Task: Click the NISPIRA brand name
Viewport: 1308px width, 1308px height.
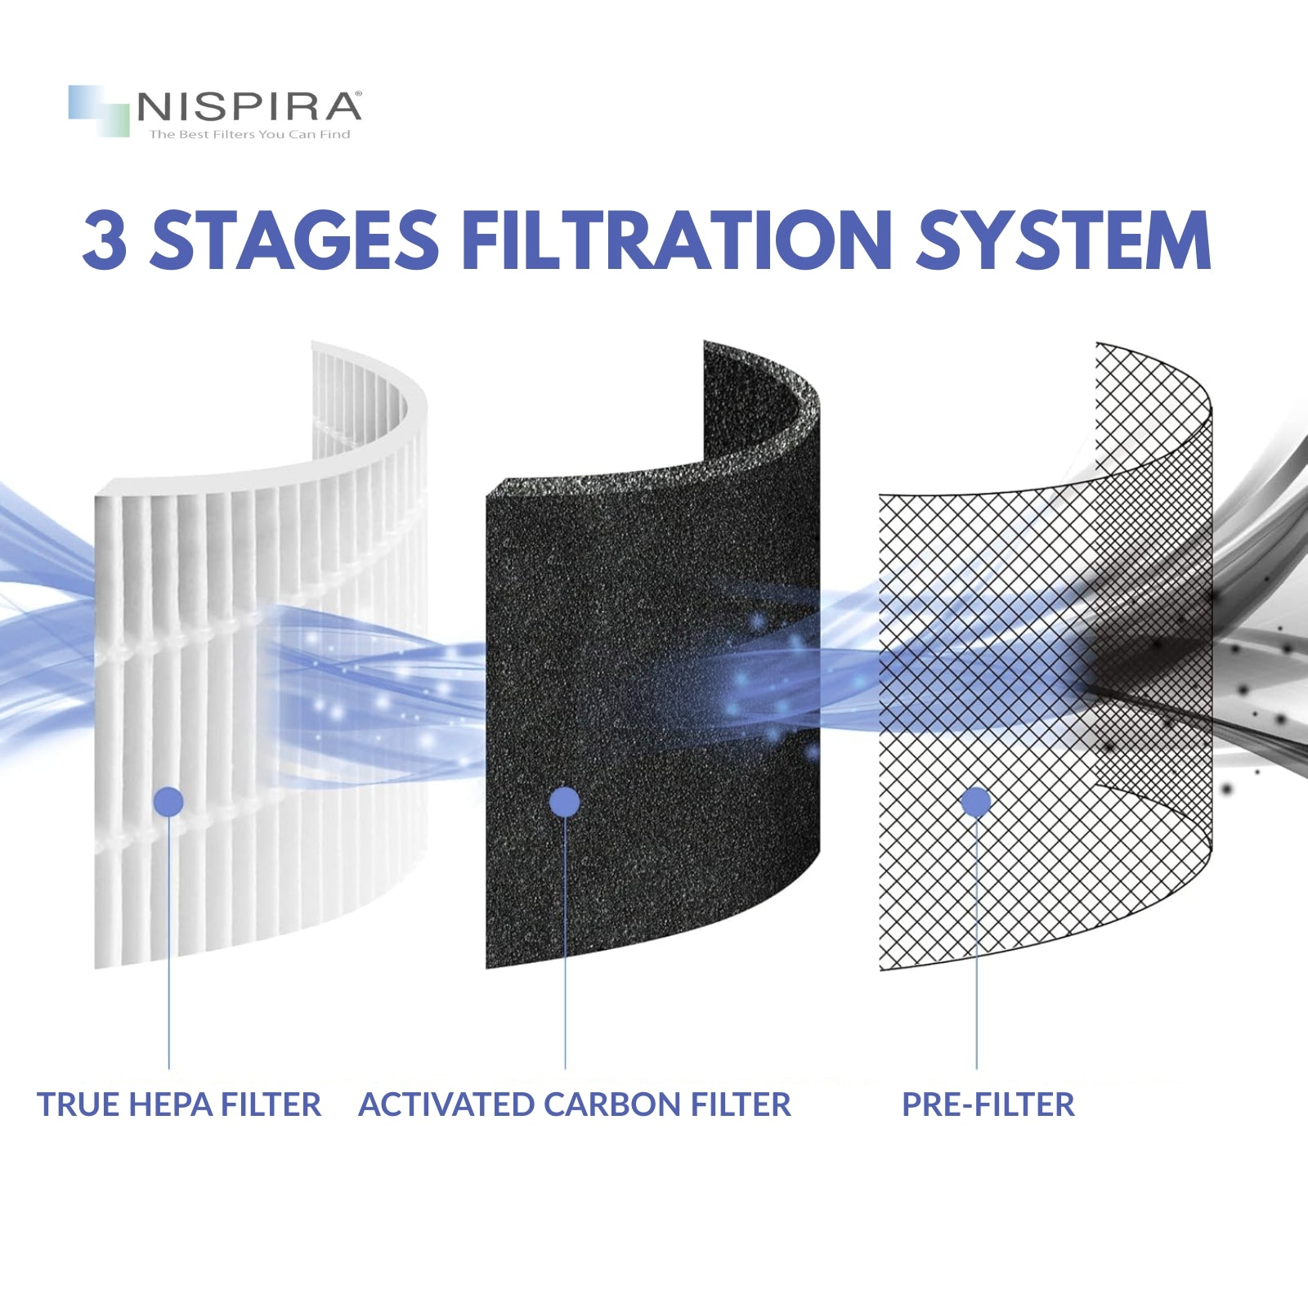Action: (x=247, y=107)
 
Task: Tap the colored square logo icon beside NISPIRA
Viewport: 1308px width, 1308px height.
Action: (x=99, y=110)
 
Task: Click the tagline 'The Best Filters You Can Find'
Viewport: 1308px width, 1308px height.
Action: (x=249, y=134)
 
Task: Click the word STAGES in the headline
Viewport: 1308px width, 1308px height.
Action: (x=295, y=240)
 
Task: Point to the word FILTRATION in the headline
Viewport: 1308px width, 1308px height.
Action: (x=677, y=240)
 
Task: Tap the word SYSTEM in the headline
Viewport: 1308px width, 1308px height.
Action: (x=1063, y=240)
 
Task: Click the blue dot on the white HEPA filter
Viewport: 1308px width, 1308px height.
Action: (x=168, y=801)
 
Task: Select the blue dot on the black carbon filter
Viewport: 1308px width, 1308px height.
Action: (x=565, y=802)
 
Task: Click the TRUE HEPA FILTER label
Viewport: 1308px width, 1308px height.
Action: (x=179, y=1104)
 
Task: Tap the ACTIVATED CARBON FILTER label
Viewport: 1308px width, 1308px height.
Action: (x=575, y=1104)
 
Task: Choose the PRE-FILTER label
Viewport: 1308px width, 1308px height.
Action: (x=988, y=1104)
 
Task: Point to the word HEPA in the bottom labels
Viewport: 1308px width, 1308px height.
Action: (x=171, y=1104)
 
